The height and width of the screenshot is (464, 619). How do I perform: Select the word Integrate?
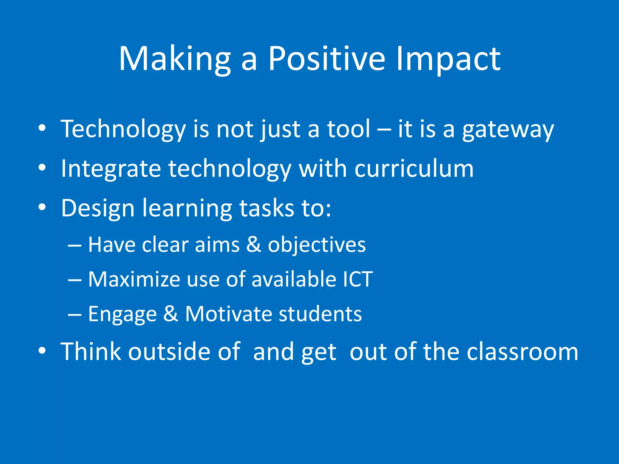(x=111, y=169)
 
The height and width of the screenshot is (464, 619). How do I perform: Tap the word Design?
(x=98, y=209)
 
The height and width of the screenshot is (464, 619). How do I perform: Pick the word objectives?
(x=317, y=245)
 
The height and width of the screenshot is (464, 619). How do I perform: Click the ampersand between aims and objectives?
(x=254, y=244)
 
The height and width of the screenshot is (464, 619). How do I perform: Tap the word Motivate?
(x=228, y=314)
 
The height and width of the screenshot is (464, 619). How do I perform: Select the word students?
(x=320, y=314)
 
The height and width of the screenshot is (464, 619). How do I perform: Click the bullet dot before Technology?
(x=42, y=128)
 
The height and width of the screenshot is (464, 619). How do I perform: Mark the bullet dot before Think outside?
(x=42, y=350)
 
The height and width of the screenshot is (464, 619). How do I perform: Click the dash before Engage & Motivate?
(x=74, y=314)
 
